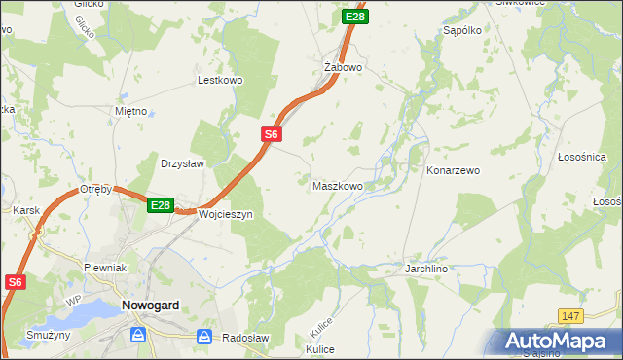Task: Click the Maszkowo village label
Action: [338, 185]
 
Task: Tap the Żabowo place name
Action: [343, 67]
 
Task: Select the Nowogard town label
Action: [150, 305]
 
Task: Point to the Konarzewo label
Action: [453, 170]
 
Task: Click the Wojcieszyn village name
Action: [225, 213]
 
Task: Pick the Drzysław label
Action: [182, 163]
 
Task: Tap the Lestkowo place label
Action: [219, 81]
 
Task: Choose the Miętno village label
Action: [130, 111]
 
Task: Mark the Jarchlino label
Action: [427, 266]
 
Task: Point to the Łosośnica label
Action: [582, 157]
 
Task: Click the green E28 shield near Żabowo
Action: [355, 17]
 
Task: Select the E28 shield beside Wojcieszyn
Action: [161, 206]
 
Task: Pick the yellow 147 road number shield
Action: [571, 316]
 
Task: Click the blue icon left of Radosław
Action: [204, 337]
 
